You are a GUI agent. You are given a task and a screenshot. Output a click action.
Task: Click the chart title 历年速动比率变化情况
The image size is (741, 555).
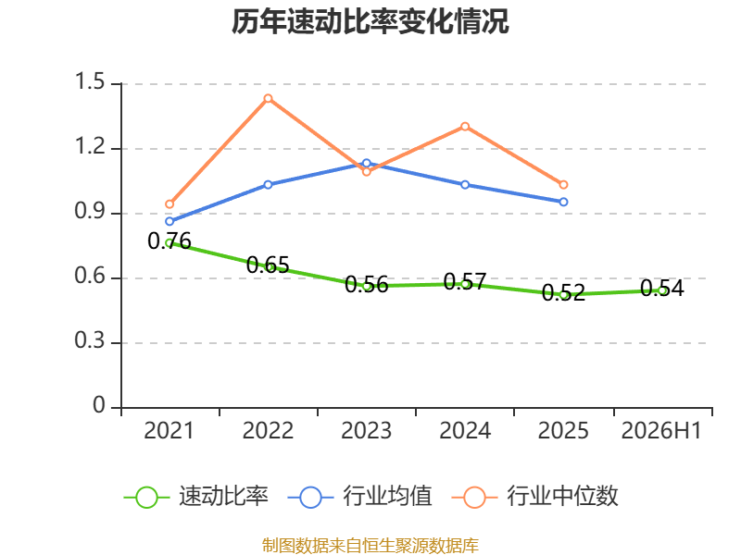[370, 21]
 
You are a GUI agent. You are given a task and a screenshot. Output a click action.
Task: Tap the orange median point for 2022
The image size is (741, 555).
[268, 99]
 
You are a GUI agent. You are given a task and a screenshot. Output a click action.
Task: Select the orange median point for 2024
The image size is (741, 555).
[465, 127]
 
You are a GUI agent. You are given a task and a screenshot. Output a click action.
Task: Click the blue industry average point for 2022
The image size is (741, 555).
[268, 184]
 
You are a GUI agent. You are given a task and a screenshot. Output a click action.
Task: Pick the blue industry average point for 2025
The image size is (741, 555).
[563, 202]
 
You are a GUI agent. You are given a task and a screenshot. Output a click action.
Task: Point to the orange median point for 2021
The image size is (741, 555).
[170, 204]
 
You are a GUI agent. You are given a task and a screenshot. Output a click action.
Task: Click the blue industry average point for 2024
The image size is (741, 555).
[465, 184]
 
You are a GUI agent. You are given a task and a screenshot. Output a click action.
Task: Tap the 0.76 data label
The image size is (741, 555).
[170, 241]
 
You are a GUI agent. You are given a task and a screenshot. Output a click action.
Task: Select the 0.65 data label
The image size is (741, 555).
[268, 265]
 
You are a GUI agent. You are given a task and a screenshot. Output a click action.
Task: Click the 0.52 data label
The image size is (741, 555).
[563, 292]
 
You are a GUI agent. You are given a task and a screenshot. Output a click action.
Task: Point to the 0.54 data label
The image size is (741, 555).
[662, 289]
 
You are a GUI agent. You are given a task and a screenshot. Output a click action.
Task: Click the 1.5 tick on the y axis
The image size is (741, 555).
[90, 81]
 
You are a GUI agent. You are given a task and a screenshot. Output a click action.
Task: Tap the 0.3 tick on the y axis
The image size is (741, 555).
[90, 340]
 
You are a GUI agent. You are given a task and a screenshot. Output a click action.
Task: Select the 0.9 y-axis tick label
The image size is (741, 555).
[90, 211]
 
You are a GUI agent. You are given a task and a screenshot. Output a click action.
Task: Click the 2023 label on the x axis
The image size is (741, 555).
[366, 431]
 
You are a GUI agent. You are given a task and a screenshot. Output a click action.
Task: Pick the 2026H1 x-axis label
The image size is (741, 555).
[661, 431]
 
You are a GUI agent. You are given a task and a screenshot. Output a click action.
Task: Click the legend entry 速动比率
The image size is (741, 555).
[196, 497]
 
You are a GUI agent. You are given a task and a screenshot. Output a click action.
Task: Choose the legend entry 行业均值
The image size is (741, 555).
[359, 497]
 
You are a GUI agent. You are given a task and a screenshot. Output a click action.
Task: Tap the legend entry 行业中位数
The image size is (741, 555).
[535, 497]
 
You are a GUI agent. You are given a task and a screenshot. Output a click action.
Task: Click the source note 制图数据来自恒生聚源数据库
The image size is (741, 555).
[370, 546]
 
